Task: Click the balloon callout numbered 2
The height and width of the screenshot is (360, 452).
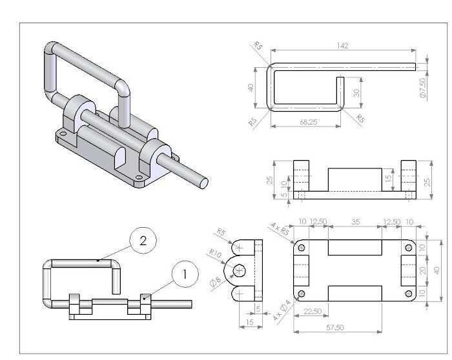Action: tap(143, 241)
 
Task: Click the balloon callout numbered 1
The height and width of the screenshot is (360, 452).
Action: tap(185, 274)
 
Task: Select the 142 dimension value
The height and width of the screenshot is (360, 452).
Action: tap(342, 46)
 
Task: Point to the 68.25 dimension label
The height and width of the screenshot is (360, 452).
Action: tap(309, 122)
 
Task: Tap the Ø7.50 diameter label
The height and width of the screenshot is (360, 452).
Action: tap(423, 88)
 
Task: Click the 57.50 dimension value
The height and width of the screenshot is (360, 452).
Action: tap(335, 328)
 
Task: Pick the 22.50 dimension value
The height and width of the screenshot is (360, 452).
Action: tap(313, 312)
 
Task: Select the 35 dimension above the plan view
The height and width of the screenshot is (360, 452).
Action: tap(356, 222)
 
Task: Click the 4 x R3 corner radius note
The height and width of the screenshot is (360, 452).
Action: tap(280, 229)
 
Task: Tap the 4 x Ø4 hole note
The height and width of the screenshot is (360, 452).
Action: tap(282, 310)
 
